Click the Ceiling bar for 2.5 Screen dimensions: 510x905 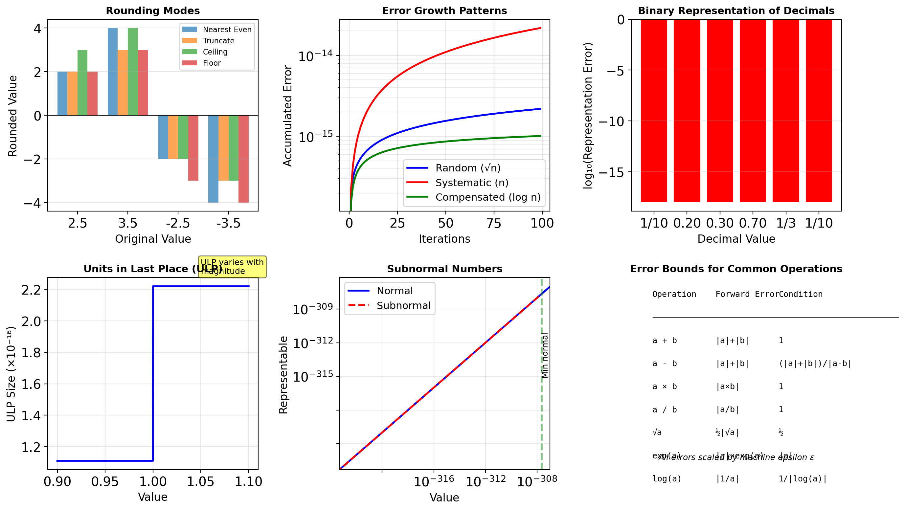pyautogui.click(x=82, y=82)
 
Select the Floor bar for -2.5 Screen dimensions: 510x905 pyautogui.click(x=193, y=148)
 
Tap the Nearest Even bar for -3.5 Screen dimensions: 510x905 pyautogui.click(x=213, y=159)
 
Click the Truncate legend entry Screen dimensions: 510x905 pyautogui.click(x=218, y=41)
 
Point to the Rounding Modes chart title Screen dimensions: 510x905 pyautogui.click(x=153, y=11)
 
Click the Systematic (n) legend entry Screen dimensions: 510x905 pyautogui.click(x=471, y=183)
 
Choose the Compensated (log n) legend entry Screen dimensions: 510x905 pyautogui.click(x=487, y=197)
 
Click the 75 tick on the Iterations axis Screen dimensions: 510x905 pyautogui.click(x=494, y=223)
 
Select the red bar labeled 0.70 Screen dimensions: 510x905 pyautogui.click(x=753, y=111)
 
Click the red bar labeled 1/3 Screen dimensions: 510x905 pyautogui.click(x=785, y=111)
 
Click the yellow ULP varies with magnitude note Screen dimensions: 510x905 pyautogui.click(x=232, y=267)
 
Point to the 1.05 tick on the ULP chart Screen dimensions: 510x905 pyautogui.click(x=200, y=481)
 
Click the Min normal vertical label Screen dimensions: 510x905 pyautogui.click(x=545, y=355)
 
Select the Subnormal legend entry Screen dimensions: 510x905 pyautogui.click(x=403, y=306)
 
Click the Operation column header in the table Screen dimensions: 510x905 pyautogui.click(x=674, y=294)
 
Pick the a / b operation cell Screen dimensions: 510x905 pyautogui.click(x=664, y=410)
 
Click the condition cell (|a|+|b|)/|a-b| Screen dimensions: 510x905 pyautogui.click(x=815, y=364)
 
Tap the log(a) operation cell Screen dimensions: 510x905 pyautogui.click(x=667, y=479)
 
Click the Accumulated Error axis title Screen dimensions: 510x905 pyautogui.click(x=287, y=116)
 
